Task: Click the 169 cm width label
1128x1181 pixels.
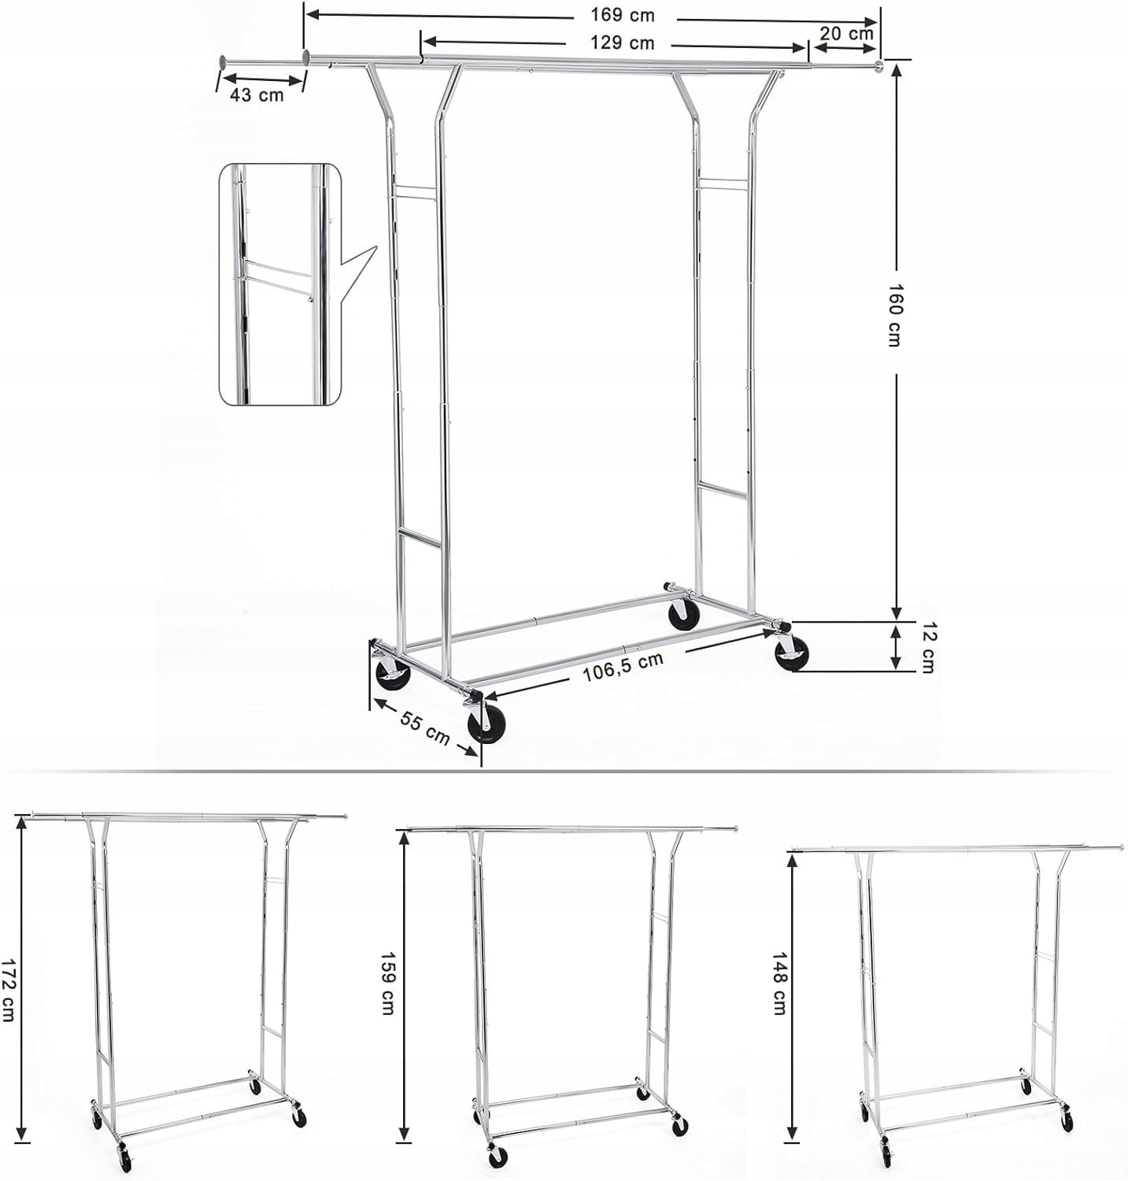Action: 621,15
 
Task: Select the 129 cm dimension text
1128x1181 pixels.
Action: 622,43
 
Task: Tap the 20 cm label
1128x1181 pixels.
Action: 846,34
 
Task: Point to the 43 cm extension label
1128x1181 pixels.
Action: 257,95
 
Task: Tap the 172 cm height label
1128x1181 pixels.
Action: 9,979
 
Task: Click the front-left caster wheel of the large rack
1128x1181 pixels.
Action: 486,723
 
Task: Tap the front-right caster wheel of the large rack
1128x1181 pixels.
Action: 792,652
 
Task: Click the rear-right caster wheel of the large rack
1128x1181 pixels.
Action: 683,613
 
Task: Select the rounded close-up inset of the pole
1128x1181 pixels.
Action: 281,284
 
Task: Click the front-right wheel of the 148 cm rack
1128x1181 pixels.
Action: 1068,1120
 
